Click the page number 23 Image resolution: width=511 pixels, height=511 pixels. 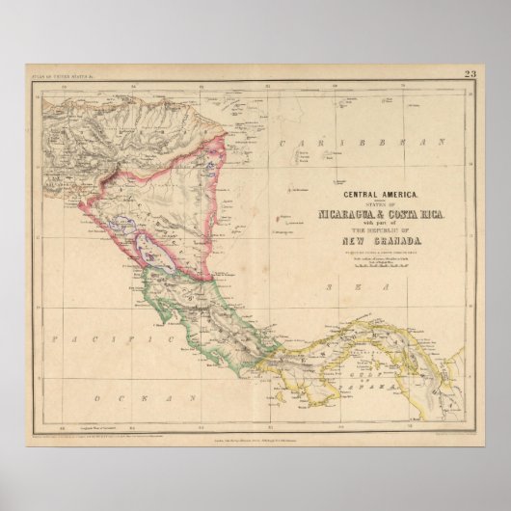(470, 74)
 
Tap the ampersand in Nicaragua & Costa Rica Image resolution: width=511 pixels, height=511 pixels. (384, 213)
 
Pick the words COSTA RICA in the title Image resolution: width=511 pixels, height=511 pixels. (416, 213)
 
